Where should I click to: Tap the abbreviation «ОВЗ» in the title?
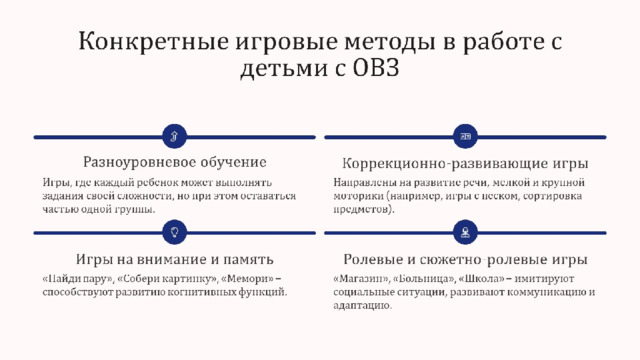pyautogui.click(x=376, y=67)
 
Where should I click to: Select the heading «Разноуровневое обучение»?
pyautogui.click(x=175, y=162)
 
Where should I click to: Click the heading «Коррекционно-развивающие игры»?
pyautogui.click(x=465, y=163)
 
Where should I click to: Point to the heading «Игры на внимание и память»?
pyautogui.click(x=175, y=259)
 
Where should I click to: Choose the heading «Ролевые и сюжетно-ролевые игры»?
pyautogui.click(x=465, y=259)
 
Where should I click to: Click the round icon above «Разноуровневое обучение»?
pyautogui.click(x=175, y=136)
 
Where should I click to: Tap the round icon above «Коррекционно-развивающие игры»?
pyautogui.click(x=465, y=136)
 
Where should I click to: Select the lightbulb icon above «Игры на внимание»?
pyautogui.click(x=175, y=232)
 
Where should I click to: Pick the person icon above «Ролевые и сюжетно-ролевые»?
pyautogui.click(x=465, y=232)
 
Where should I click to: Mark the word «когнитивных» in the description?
pyautogui.click(x=201, y=292)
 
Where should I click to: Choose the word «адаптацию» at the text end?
pyautogui.click(x=362, y=306)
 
